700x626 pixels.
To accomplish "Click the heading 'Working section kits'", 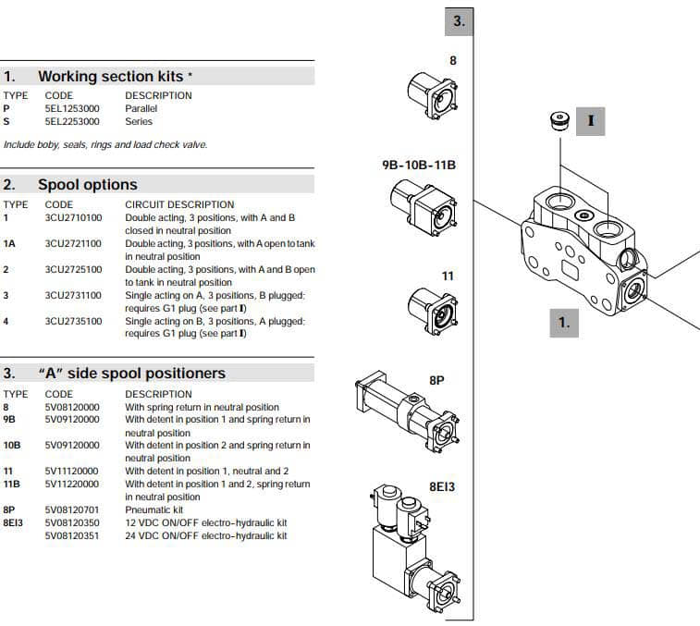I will tap(116, 76).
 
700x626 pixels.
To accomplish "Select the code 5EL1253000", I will tap(72, 108).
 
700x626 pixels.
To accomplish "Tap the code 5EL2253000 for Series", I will tap(72, 121).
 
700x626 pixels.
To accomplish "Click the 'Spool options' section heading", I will tap(87, 185).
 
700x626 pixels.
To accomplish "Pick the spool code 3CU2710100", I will tap(73, 218).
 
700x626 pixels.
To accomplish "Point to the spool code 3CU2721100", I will tap(73, 244).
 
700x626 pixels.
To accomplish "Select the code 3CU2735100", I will tap(73, 322).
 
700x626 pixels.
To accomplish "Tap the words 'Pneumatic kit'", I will tap(154, 509).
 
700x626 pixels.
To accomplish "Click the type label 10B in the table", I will tap(11, 445).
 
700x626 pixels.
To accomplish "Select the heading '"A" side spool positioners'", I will tap(131, 374).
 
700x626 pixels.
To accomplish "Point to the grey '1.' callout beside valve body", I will tap(564, 323).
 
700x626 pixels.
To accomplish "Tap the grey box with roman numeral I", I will tap(590, 120).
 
